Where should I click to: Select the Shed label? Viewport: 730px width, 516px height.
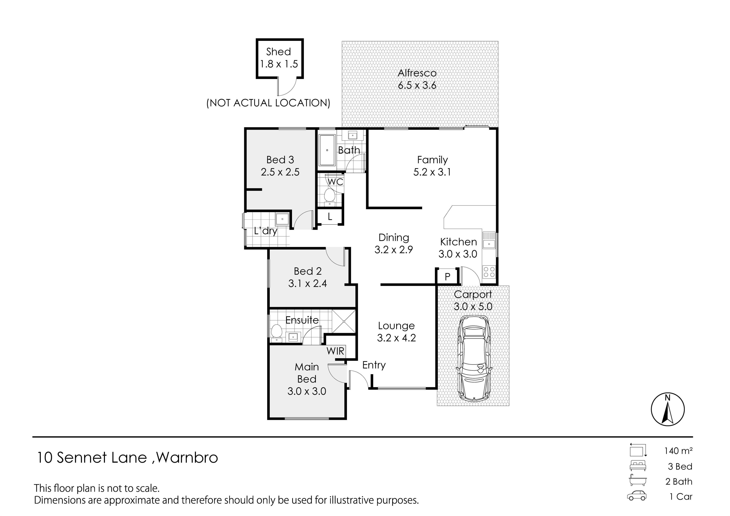(x=279, y=52)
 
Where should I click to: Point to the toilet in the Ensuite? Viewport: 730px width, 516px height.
(x=277, y=333)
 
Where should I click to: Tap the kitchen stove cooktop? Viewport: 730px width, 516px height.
(x=489, y=272)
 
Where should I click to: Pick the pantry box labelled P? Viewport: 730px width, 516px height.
(x=447, y=276)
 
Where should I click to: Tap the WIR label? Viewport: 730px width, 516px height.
(x=335, y=351)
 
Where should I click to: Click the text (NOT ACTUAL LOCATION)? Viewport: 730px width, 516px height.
(x=268, y=103)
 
